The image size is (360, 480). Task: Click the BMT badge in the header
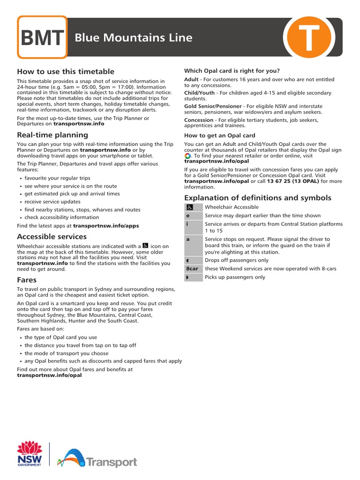tap(42, 37)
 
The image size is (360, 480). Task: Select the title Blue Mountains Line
tap(134, 38)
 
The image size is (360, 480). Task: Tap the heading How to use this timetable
tap(66, 71)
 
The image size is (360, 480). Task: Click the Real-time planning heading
tap(52, 135)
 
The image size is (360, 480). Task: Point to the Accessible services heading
tap(52, 237)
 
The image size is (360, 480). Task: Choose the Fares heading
tap(27, 280)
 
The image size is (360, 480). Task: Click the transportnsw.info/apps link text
tap(106, 225)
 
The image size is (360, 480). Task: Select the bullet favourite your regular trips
tap(57, 178)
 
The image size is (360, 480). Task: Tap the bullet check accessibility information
tap(62, 217)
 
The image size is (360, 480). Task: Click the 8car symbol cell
tap(192, 269)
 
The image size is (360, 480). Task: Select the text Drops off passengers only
tap(237, 260)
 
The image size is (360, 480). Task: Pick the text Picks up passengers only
tap(235, 277)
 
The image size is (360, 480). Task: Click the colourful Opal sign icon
tap(187, 156)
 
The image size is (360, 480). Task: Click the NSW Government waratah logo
tap(30, 453)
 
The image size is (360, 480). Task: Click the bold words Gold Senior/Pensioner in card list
tap(213, 106)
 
